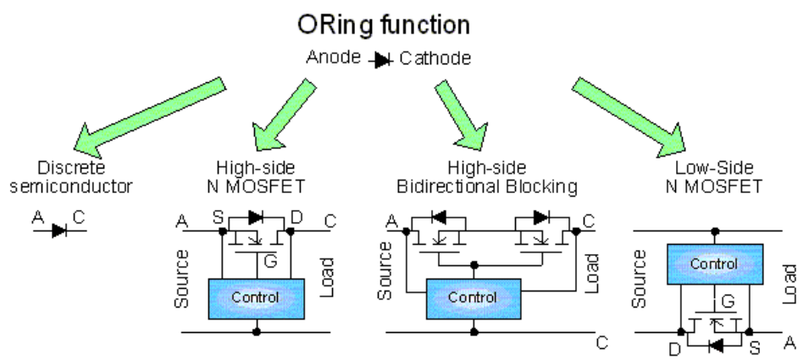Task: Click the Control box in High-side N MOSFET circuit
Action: [x=251, y=297]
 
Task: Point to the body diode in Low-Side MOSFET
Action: [x=716, y=346]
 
